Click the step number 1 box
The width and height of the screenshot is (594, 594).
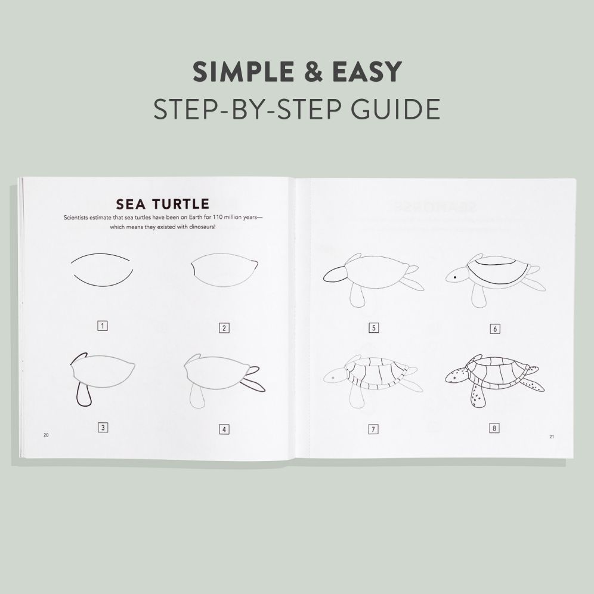pyautogui.click(x=103, y=326)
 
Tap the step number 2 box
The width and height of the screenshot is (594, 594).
pyautogui.click(x=224, y=327)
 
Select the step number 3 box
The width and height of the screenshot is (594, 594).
pyautogui.click(x=103, y=427)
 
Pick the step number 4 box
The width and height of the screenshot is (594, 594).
pyautogui.click(x=224, y=428)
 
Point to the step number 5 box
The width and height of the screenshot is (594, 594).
pyautogui.click(x=374, y=327)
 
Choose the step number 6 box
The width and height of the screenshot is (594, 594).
pyautogui.click(x=494, y=328)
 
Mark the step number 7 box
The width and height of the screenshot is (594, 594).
pyautogui.click(x=374, y=428)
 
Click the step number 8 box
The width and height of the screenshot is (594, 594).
pyautogui.click(x=494, y=428)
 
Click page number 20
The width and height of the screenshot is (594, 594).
pyautogui.click(x=46, y=435)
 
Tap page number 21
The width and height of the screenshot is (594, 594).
pyautogui.click(x=552, y=437)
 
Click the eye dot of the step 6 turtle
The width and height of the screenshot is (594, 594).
pyautogui.click(x=455, y=278)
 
